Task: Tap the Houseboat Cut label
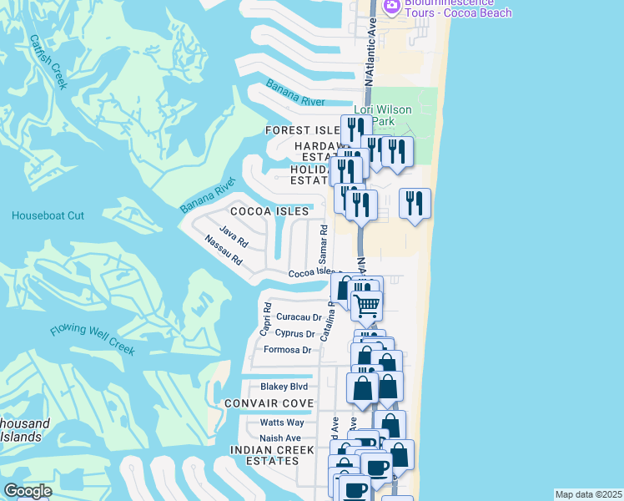[48, 215]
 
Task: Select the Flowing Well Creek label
[92, 335]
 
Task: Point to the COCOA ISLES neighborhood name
[264, 211]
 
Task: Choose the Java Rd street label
[234, 236]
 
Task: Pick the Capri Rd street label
[265, 319]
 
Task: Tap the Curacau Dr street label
[299, 317]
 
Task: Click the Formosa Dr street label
[287, 350]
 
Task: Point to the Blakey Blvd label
[284, 387]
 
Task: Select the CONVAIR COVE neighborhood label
[269, 403]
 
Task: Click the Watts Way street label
[281, 423]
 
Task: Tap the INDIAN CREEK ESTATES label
[272, 456]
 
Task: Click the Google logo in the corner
[28, 491]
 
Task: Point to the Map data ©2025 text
[588, 494]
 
